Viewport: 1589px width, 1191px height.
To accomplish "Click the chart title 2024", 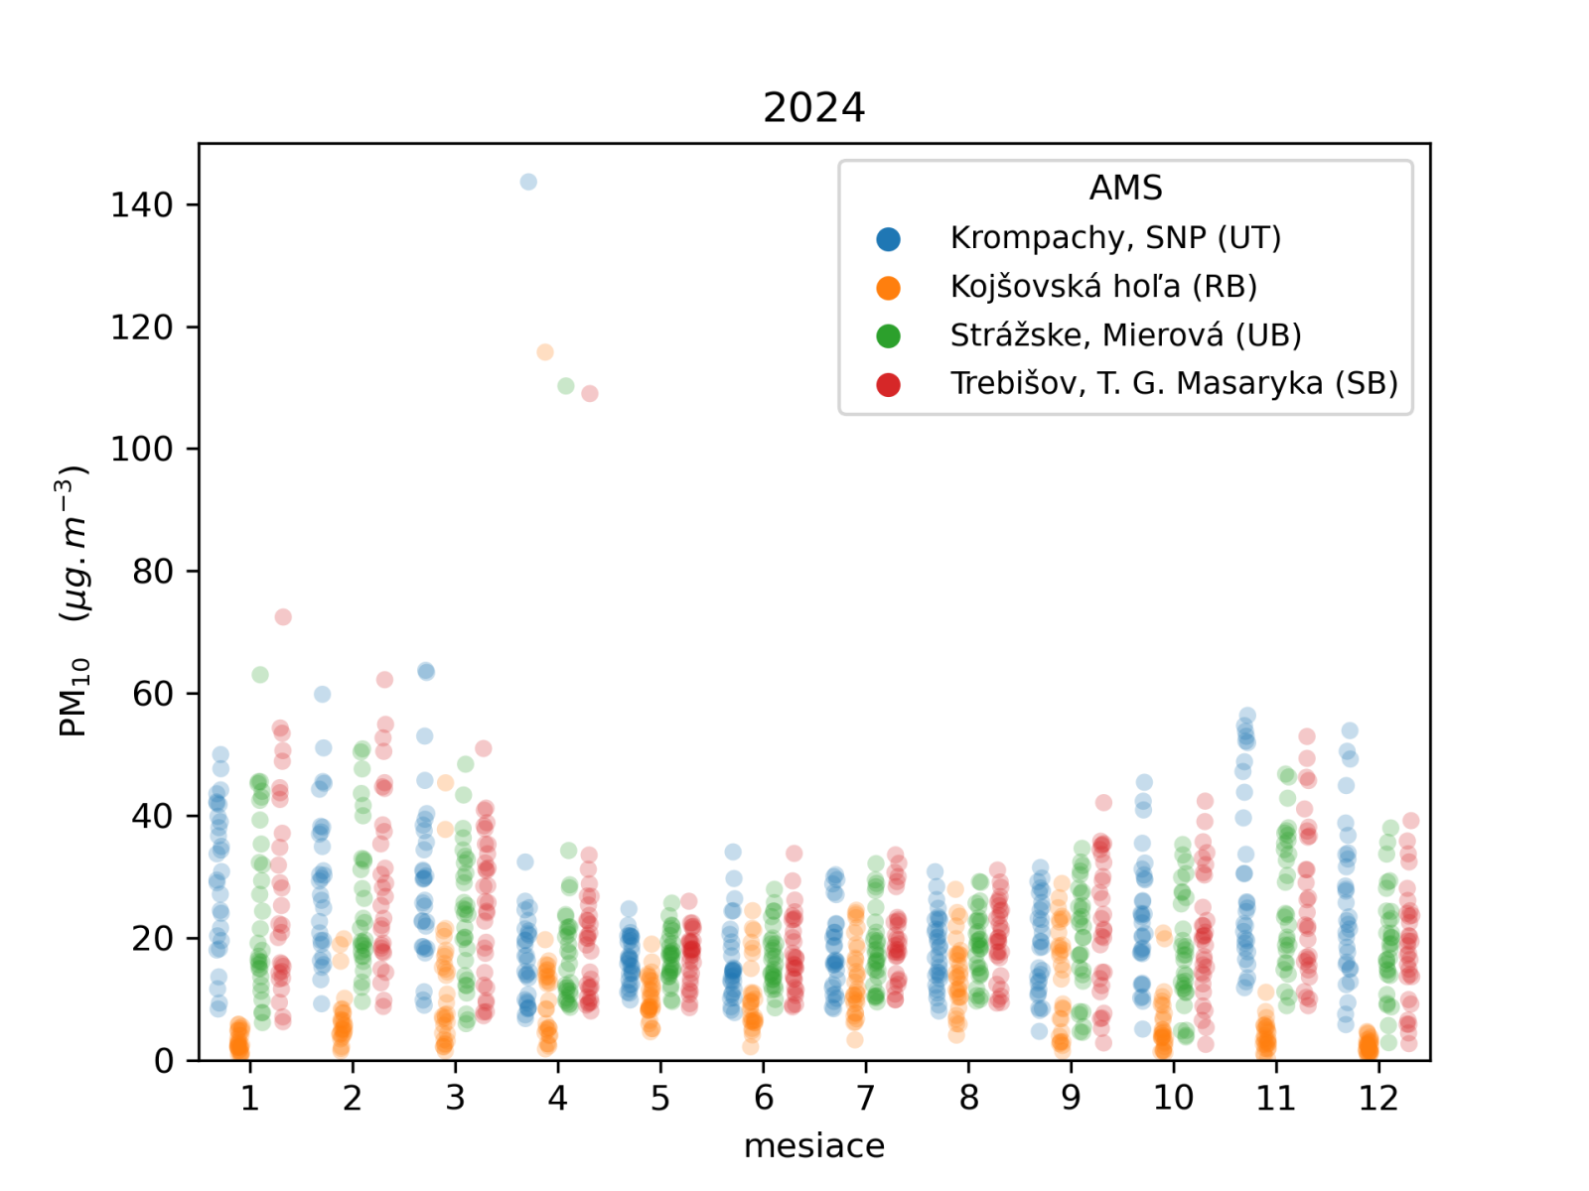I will click(x=813, y=107).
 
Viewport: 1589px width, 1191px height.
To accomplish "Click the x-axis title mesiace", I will click(x=813, y=1145).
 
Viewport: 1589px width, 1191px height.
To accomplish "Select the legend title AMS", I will click(x=1125, y=188).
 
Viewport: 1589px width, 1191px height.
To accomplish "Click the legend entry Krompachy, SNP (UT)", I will click(x=1115, y=238).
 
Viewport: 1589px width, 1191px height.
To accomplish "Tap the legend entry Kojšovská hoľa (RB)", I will click(x=1103, y=287).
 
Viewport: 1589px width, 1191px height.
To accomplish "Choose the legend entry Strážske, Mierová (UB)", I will click(x=1125, y=335).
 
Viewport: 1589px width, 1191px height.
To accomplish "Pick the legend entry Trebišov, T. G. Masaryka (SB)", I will click(x=1174, y=383).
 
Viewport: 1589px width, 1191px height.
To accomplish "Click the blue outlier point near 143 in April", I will click(x=528, y=182).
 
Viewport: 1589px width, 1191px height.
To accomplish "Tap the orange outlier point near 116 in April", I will click(x=545, y=352).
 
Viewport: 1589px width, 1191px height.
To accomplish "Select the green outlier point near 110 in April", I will click(x=566, y=386).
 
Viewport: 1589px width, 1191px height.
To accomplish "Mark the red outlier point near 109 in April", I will click(x=590, y=394).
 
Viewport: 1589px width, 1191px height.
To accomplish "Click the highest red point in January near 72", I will click(x=283, y=617).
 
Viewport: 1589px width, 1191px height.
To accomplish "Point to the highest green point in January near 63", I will click(x=260, y=675).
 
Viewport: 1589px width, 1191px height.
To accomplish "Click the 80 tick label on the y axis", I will click(x=153, y=572).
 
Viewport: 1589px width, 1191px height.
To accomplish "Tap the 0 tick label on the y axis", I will click(x=164, y=1061).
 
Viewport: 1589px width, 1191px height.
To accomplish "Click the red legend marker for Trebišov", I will click(x=889, y=385).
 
